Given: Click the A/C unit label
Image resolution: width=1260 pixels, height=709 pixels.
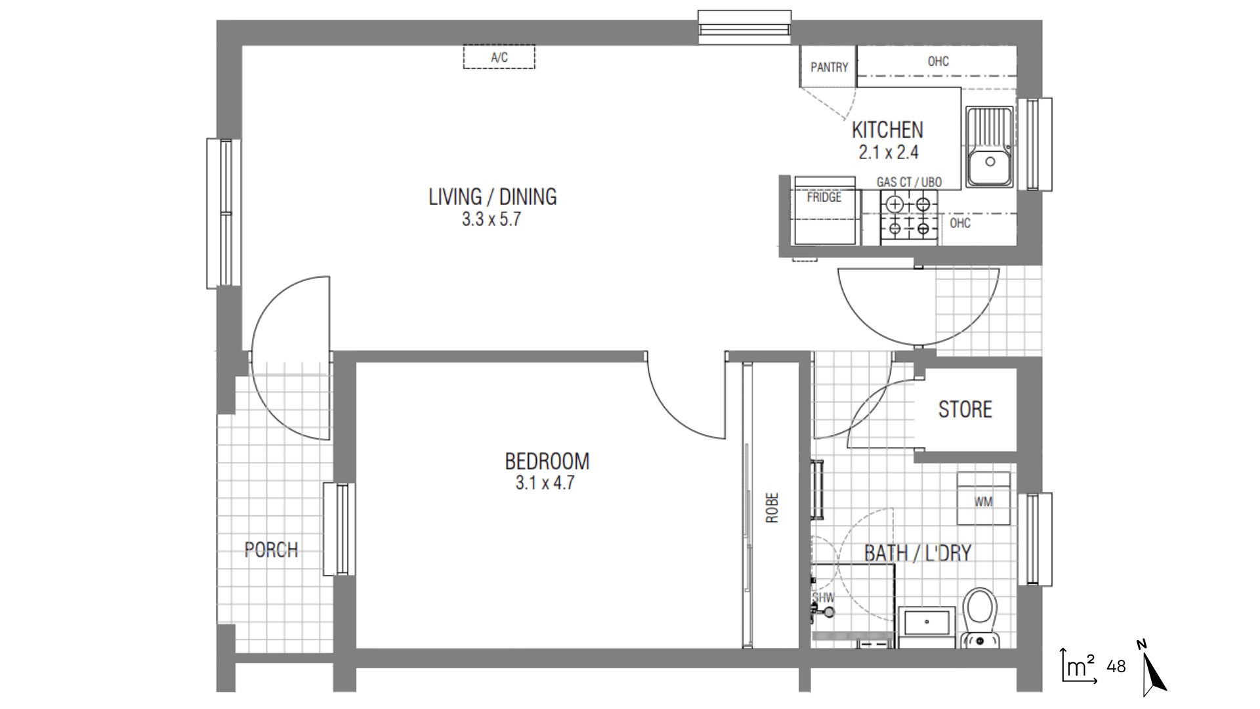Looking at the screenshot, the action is [x=499, y=58].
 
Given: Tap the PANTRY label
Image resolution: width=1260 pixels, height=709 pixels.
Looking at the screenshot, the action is [x=829, y=67].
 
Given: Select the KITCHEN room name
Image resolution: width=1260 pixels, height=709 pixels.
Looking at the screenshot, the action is [x=887, y=129].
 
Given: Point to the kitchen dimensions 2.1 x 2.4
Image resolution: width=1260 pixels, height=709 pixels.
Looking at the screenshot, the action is [x=889, y=153].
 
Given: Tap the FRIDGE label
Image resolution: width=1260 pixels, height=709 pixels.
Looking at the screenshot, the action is [x=824, y=197].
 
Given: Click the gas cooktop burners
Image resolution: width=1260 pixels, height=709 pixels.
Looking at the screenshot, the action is [x=909, y=216].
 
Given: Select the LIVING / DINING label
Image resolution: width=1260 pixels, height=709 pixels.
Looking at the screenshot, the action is [x=492, y=196].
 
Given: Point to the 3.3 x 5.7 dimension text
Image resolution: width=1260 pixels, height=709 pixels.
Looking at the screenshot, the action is [x=491, y=219].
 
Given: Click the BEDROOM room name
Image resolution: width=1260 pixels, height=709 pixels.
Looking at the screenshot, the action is [x=547, y=461].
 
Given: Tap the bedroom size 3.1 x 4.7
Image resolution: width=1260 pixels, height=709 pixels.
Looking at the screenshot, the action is [x=545, y=483].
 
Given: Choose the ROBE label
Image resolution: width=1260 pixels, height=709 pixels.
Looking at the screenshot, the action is [x=772, y=507].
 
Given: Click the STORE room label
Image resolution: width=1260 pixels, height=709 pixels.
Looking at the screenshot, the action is [x=965, y=409].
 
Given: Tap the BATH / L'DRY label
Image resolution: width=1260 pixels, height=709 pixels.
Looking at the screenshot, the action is [x=917, y=553].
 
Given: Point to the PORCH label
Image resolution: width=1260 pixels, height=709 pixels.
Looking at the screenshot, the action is [x=271, y=549].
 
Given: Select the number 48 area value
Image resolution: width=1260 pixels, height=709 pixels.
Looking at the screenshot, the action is [x=1116, y=666].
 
